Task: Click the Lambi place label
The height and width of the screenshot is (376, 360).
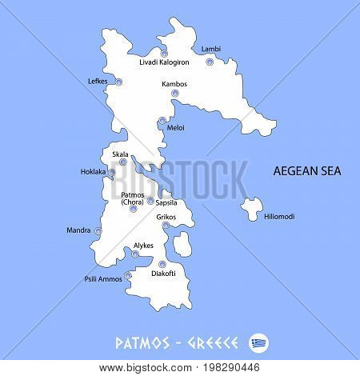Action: tap(211, 50)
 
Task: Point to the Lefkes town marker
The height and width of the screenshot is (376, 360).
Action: tap(119, 82)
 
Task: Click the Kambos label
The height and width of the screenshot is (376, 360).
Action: tap(174, 83)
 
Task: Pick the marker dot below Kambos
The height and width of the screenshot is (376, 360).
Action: tap(174, 94)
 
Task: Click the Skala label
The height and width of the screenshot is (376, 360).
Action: tap(121, 154)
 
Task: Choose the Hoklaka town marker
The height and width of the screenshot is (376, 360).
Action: tap(112, 172)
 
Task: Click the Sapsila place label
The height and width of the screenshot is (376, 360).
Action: tap(166, 203)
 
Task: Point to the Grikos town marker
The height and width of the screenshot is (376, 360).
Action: tap(166, 226)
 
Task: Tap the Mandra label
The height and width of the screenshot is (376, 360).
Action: tap(78, 231)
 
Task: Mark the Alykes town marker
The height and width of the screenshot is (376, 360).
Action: tap(135, 254)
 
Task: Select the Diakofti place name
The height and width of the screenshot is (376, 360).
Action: tap(157, 274)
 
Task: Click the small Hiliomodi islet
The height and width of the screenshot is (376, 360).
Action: tap(251, 207)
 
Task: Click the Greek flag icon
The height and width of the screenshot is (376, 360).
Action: tap(259, 342)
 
